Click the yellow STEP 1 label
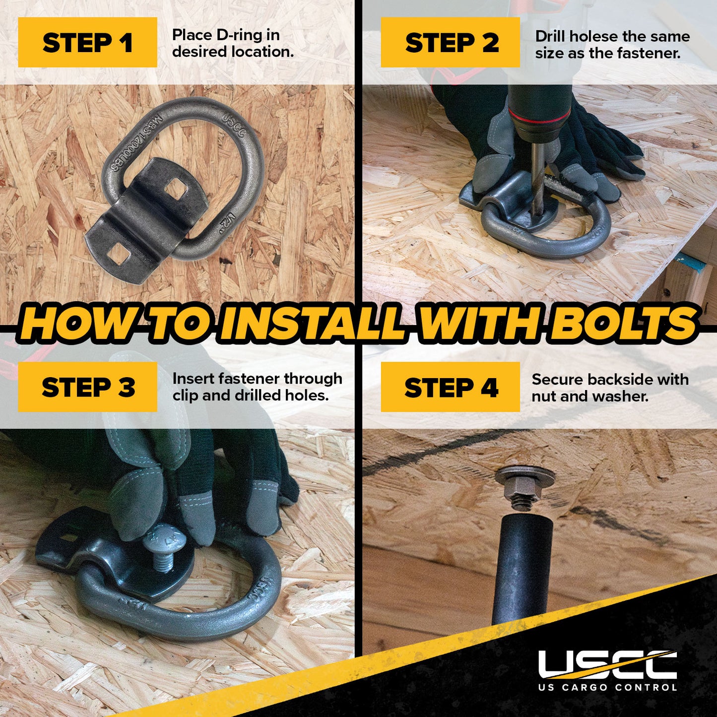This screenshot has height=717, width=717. [87, 43]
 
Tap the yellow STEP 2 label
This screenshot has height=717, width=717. [450, 43]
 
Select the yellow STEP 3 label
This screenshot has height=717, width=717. [87, 387]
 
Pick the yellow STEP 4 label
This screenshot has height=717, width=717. [450, 387]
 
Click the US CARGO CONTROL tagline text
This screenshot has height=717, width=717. [607, 687]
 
